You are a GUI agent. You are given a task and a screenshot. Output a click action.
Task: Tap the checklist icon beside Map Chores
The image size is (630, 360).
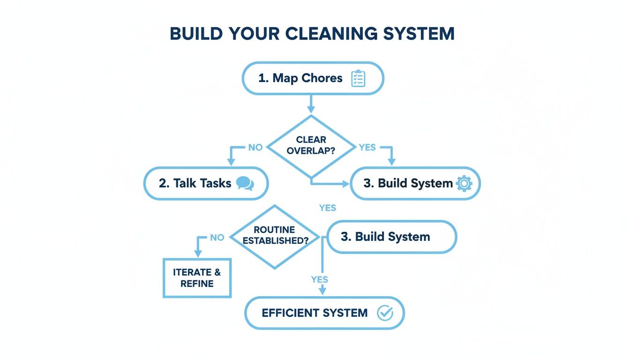358,78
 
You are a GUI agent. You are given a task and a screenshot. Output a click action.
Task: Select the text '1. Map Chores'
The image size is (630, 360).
300,78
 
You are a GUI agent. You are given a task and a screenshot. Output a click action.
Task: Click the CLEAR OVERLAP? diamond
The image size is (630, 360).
311,146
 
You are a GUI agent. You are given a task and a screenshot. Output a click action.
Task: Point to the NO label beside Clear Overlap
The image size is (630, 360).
255,148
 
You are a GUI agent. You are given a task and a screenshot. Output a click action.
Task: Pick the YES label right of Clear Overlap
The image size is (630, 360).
367,148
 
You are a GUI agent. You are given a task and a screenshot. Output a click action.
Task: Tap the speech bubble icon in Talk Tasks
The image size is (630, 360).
245,183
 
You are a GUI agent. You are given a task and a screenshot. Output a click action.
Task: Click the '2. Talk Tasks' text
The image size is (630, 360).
195,183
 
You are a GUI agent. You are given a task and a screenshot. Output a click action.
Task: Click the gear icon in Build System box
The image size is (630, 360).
464,183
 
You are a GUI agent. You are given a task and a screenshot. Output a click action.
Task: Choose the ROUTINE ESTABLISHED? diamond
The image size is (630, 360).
274,236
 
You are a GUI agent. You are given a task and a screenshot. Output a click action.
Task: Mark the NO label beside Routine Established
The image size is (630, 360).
217,238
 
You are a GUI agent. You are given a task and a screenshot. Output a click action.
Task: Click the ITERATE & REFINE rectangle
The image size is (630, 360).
197,278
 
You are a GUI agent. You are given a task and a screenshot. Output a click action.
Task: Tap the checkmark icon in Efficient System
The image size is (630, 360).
385,313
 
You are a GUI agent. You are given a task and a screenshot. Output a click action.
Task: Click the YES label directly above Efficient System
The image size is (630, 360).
320,279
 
